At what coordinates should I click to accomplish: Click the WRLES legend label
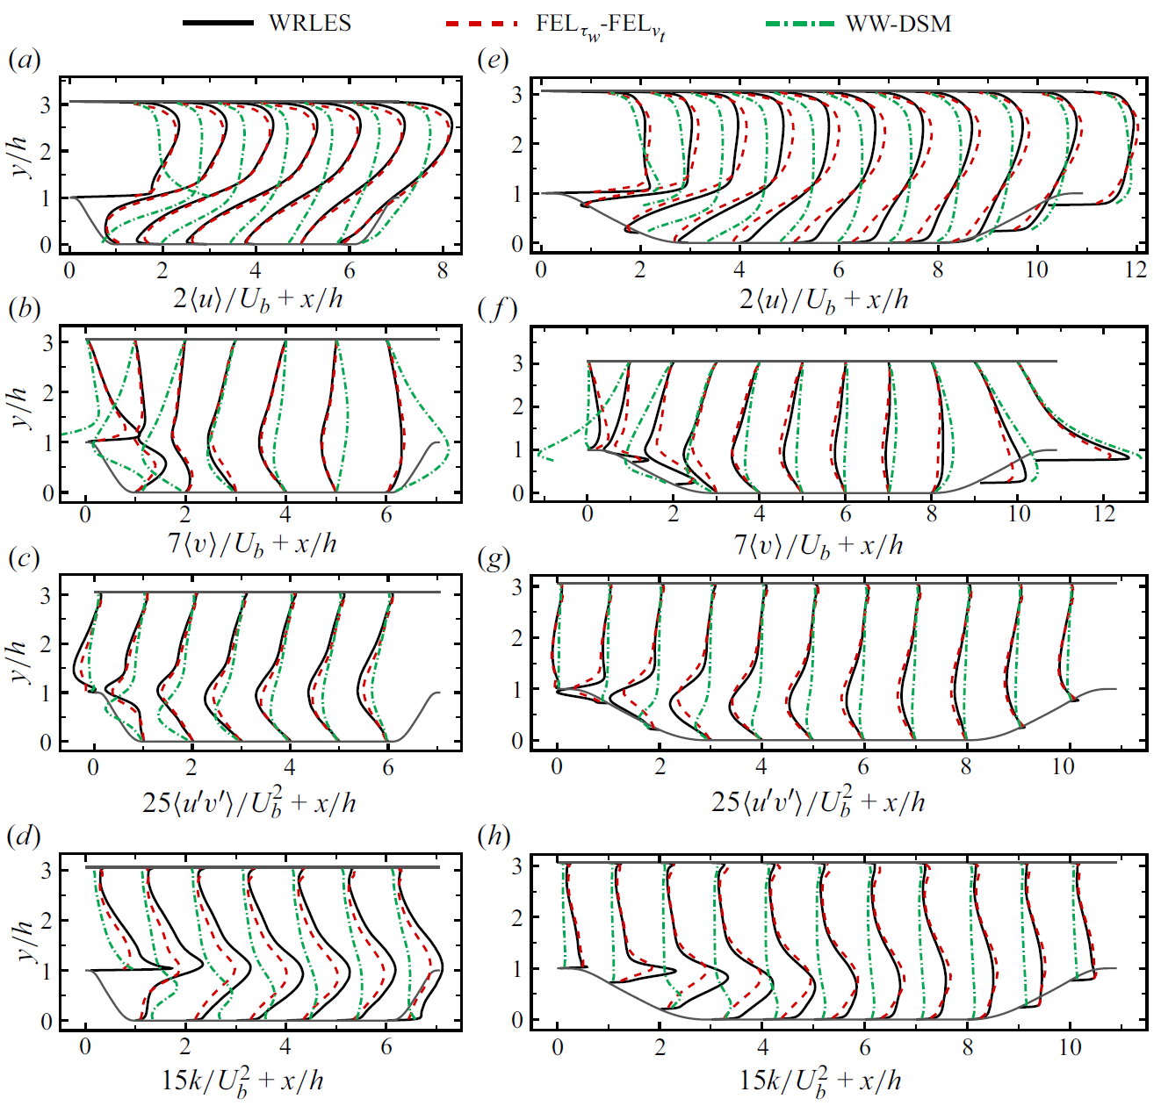[x=310, y=24]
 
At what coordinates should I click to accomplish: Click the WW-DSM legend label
[x=898, y=24]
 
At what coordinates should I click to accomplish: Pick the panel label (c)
[x=24, y=558]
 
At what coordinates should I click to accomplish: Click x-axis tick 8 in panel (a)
[x=443, y=270]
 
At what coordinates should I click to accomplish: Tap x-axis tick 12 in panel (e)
[x=1136, y=269]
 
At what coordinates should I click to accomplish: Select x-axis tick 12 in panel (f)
[x=1104, y=513]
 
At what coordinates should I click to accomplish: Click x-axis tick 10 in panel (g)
[x=1063, y=766]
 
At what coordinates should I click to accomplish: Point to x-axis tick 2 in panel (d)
[x=185, y=1046]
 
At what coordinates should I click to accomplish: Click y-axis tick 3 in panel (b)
[x=48, y=342]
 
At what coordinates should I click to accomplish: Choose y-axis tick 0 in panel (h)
[x=518, y=1020]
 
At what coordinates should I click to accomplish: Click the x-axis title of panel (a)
[x=257, y=299]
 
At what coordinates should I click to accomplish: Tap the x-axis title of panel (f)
[x=818, y=545]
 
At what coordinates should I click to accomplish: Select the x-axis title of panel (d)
[x=242, y=1081]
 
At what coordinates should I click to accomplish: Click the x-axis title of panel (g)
[x=818, y=801]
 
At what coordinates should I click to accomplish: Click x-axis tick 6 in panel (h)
[x=865, y=1046]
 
